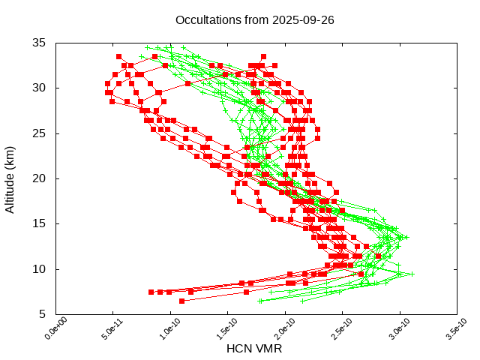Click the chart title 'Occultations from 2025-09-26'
pyautogui.click(x=254, y=19)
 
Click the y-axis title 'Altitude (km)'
pyautogui.click(x=10, y=178)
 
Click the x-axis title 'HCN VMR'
pyautogui.click(x=254, y=349)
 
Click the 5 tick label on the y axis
pyautogui.click(x=43, y=314)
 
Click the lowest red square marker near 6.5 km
pyautogui.click(x=181, y=301)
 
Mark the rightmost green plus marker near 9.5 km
pyautogui.click(x=412, y=274)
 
